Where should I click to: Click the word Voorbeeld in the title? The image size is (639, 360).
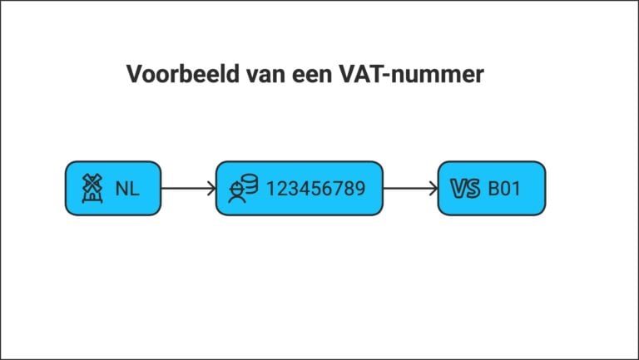[182, 74]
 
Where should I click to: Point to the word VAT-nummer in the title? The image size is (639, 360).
[411, 74]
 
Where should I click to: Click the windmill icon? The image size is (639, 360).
[92, 188]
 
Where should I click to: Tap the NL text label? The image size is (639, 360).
[127, 189]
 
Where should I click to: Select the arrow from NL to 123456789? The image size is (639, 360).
[188, 189]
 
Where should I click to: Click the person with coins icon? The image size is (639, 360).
[242, 189]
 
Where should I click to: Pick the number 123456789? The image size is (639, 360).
[316, 189]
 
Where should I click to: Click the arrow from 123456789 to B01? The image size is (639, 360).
[410, 189]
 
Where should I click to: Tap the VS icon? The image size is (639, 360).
[465, 189]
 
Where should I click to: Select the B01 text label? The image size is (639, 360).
[504, 189]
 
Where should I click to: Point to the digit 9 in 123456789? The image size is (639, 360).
[359, 189]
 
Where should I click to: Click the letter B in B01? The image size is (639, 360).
[493, 189]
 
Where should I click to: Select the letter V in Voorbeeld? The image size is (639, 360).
[136, 74]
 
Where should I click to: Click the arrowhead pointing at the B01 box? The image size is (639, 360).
[433, 189]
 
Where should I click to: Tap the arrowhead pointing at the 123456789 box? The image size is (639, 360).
[211, 189]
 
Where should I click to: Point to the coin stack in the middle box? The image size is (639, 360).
[249, 184]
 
